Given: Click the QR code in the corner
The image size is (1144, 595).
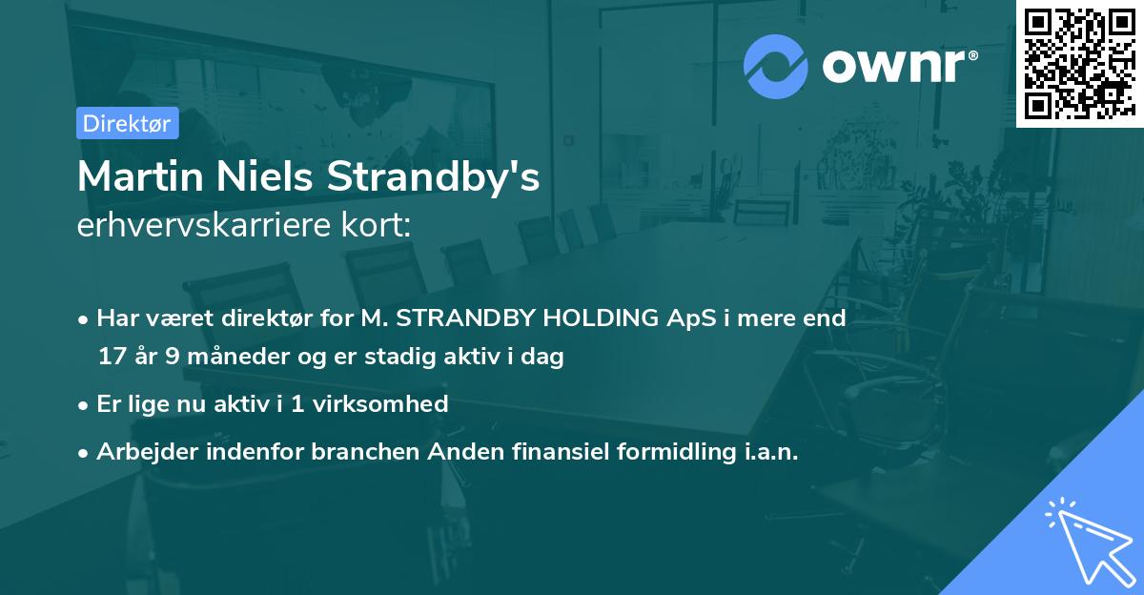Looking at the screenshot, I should coord(1079,64).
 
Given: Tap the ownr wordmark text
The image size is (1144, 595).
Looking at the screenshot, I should coord(899,65).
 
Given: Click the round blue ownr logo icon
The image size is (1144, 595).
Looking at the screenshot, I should coord(776,66).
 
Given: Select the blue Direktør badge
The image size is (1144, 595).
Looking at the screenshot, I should coord(127,123).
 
